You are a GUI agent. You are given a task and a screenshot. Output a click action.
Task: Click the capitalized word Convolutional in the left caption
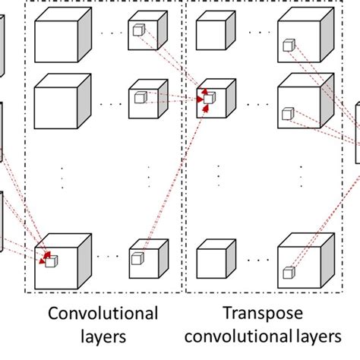click(x=103, y=314)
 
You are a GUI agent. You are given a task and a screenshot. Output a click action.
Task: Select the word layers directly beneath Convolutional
click(x=103, y=336)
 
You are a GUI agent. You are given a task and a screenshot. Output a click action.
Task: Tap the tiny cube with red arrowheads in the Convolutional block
click(x=50, y=262)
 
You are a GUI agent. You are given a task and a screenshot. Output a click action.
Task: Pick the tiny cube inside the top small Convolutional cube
click(x=138, y=30)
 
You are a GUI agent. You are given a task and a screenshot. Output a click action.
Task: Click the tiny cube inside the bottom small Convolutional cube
click(x=137, y=259)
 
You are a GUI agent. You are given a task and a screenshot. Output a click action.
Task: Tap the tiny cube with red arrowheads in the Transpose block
click(x=209, y=97)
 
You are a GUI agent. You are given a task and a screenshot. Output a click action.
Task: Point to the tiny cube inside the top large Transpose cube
click(x=288, y=46)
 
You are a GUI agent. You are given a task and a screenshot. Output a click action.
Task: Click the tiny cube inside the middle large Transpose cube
click(x=287, y=114)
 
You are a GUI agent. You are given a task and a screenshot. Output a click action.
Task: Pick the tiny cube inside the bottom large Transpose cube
click(x=288, y=272)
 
